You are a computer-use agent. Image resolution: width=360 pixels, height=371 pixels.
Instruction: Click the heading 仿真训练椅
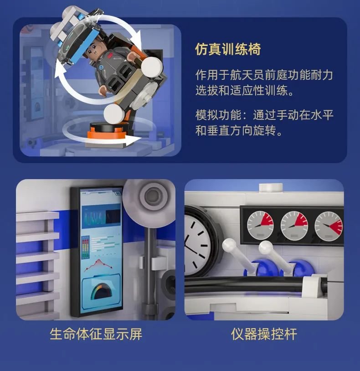(228, 49)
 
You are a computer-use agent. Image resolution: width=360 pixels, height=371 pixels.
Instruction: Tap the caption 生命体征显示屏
(96, 334)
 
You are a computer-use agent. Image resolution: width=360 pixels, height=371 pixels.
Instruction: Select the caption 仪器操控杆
(264, 334)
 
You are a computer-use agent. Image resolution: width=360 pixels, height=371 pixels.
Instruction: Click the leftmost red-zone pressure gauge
(260, 225)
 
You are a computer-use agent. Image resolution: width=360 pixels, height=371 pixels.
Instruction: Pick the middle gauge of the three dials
(294, 225)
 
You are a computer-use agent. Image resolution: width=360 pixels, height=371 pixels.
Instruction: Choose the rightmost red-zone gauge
(328, 226)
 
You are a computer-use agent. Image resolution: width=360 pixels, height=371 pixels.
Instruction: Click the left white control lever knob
(229, 245)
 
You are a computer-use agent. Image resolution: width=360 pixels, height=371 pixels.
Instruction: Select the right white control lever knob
(265, 247)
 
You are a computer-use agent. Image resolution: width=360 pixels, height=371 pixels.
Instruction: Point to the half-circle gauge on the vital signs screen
(101, 291)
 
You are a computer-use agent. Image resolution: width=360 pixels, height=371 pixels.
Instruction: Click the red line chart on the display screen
(98, 264)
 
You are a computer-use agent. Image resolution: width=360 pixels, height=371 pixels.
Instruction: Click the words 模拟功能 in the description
(219, 115)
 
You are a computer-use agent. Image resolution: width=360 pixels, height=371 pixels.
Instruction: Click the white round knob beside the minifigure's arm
(152, 67)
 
